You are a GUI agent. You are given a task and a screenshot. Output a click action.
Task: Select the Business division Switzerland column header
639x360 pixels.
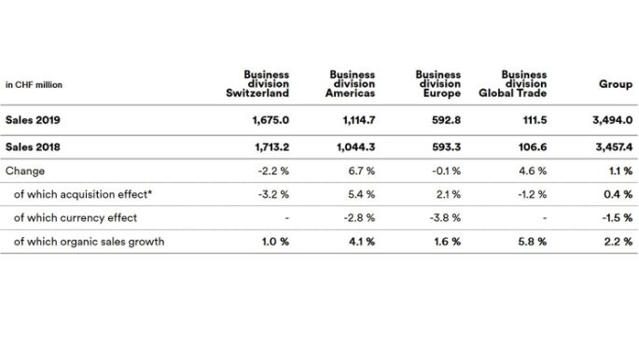tap(258, 83)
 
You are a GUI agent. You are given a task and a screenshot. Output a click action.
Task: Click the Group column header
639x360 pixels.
tap(616, 84)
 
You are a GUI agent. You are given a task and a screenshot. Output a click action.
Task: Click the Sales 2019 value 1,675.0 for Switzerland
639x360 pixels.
tap(269, 120)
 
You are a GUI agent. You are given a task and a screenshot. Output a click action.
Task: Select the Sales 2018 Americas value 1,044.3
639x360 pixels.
tap(354, 148)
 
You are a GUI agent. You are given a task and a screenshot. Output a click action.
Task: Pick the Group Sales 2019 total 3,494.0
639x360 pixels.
tap(611, 120)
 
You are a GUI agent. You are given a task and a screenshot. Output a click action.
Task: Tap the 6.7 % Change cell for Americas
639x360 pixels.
tap(360, 172)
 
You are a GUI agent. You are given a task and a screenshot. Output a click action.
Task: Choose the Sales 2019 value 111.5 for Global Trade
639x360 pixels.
tap(531, 120)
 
